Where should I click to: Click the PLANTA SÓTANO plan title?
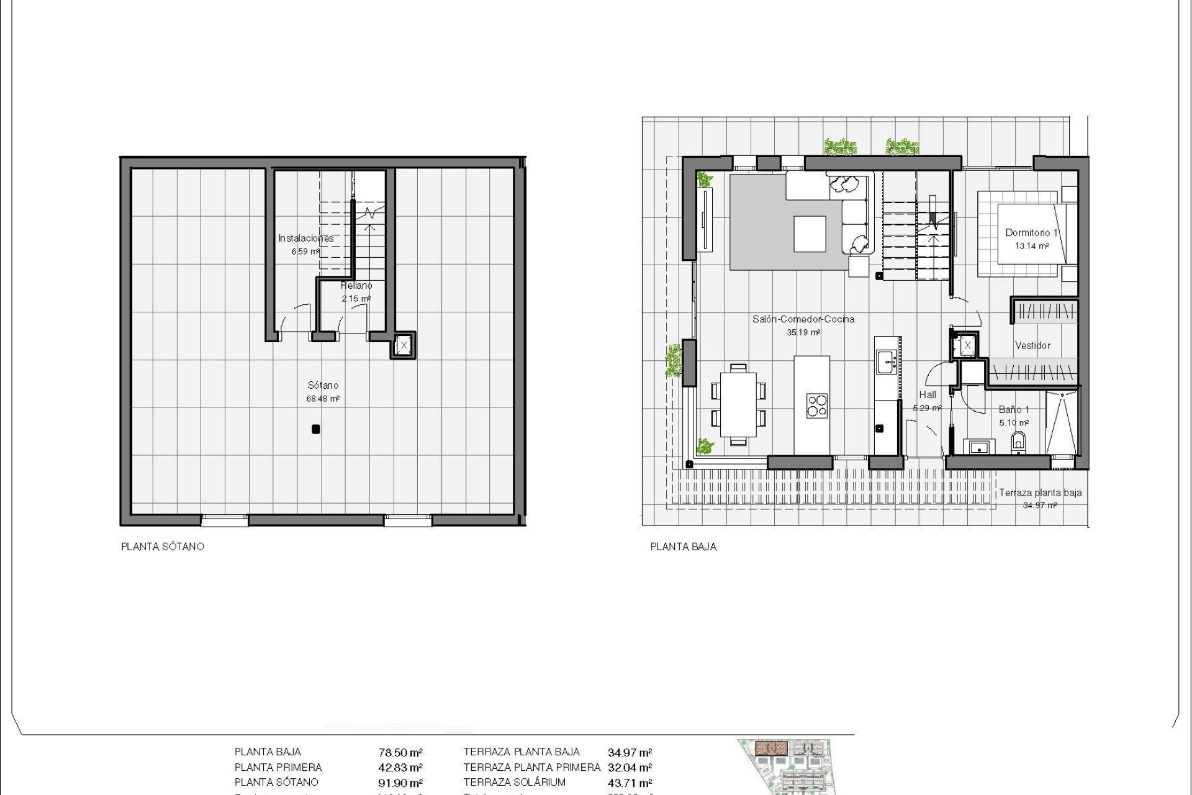(163, 547)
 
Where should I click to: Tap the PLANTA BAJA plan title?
(683, 547)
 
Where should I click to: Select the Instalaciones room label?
(306, 238)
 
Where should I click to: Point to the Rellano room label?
(356, 286)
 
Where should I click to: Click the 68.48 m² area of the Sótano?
(323, 399)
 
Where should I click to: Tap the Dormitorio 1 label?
(1031, 233)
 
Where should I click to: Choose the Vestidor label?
(1032, 345)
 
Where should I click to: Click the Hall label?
(928, 394)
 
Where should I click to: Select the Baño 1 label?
(1014, 410)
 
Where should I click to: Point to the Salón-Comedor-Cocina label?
(803, 319)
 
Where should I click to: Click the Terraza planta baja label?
(1040, 493)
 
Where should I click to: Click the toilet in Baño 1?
(1019, 442)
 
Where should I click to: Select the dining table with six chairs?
(738, 405)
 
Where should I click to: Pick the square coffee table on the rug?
(810, 234)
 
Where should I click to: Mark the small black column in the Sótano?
(315, 429)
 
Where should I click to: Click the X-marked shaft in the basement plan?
(404, 345)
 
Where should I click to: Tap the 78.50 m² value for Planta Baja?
(400, 753)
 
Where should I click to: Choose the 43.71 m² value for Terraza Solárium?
(630, 783)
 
